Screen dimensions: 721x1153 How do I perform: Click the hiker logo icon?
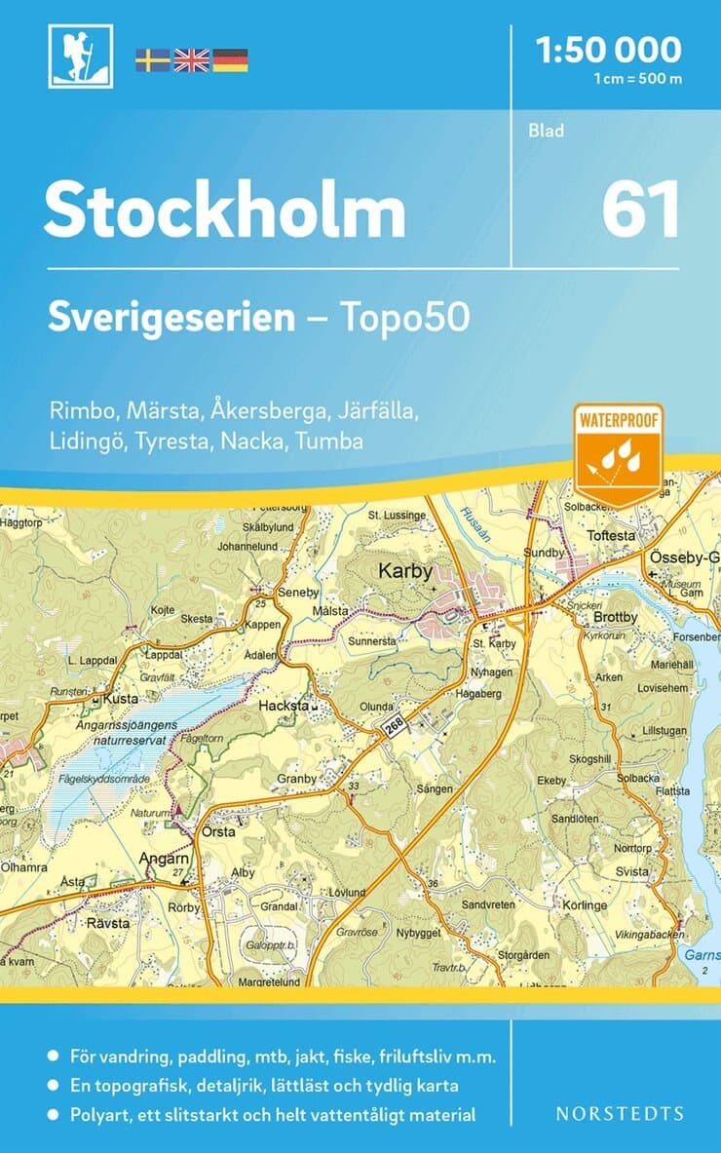click(x=81, y=58)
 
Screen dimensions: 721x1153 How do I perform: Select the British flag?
click(x=191, y=60)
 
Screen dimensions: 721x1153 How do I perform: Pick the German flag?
click(x=230, y=60)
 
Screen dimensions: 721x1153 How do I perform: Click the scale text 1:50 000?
click(x=609, y=49)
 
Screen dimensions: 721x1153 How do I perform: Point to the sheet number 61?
click(x=640, y=211)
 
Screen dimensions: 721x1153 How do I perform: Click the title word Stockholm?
click(x=224, y=211)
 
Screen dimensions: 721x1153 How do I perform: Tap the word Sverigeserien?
click(x=171, y=317)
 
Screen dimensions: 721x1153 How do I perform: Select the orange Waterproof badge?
click(x=619, y=452)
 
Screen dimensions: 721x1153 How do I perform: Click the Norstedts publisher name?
click(x=620, y=1113)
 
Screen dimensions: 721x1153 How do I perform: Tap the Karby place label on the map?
click(x=404, y=572)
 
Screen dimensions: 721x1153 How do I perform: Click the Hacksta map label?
click(x=284, y=705)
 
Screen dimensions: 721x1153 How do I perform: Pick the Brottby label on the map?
click(x=615, y=617)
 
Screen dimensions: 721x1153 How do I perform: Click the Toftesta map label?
click(x=611, y=536)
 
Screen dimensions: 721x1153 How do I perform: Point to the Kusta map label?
click(x=123, y=700)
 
